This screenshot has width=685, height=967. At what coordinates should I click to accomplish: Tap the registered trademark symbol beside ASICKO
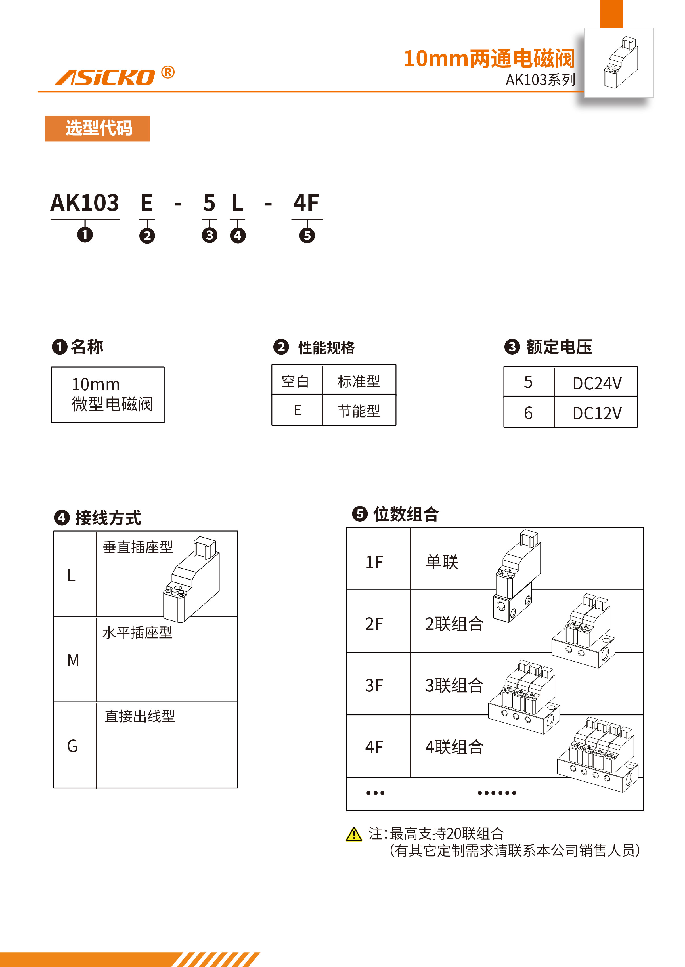tap(168, 73)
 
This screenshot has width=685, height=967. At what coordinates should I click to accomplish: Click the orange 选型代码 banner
tap(97, 128)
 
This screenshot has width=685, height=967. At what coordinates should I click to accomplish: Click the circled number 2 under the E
tap(147, 235)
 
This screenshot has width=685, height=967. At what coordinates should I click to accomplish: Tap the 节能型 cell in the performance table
tap(359, 410)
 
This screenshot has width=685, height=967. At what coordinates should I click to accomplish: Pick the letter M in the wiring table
tap(74, 660)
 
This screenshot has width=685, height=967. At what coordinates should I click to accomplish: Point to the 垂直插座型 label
tap(138, 547)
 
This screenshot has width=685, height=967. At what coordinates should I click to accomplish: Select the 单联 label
tap(442, 562)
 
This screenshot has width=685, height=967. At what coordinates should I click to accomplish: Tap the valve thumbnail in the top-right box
tap(620, 62)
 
